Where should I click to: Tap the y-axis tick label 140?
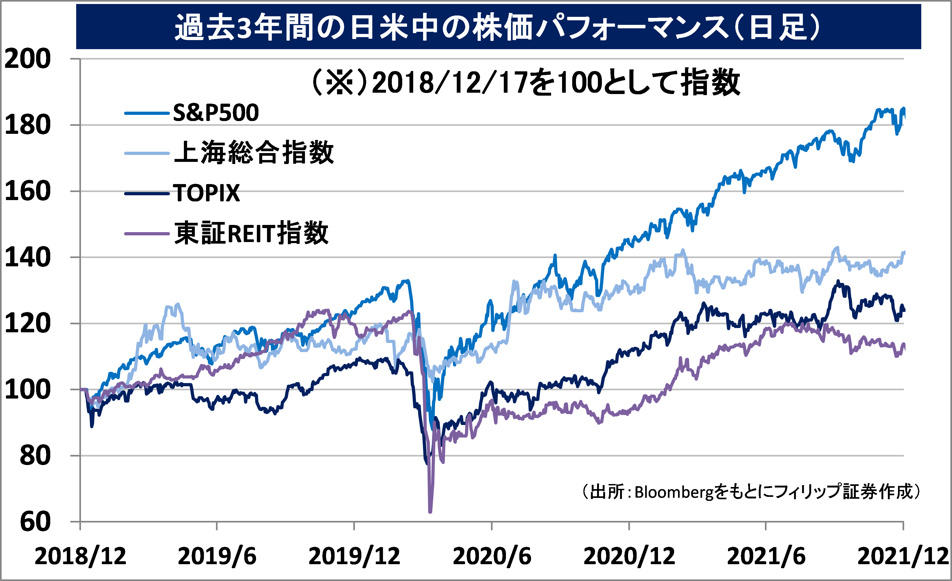[x=27, y=258]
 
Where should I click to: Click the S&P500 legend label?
[x=216, y=113]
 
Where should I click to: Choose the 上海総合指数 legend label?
[x=254, y=153]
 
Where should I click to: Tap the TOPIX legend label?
[x=206, y=193]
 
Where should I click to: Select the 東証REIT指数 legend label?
[x=251, y=233]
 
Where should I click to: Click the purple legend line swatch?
[x=147, y=233]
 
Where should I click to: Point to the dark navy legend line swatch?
[x=147, y=193]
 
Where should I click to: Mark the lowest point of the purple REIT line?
[x=430, y=512]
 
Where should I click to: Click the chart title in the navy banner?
[x=498, y=27]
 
